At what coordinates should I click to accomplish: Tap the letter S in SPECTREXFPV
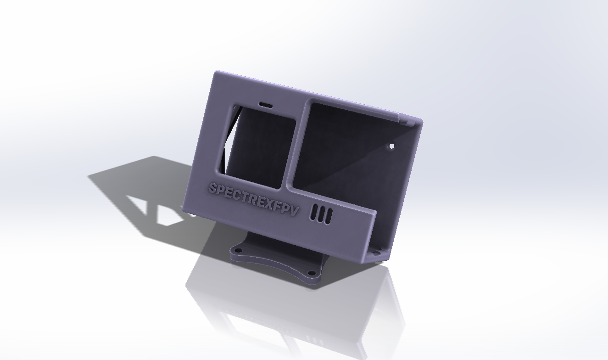point(213,188)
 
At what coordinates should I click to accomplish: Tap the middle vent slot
point(322,215)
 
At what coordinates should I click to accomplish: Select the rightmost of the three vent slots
point(328,217)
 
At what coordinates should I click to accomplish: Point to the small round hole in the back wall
point(392,146)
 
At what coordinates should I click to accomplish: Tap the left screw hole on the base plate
point(238,251)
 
